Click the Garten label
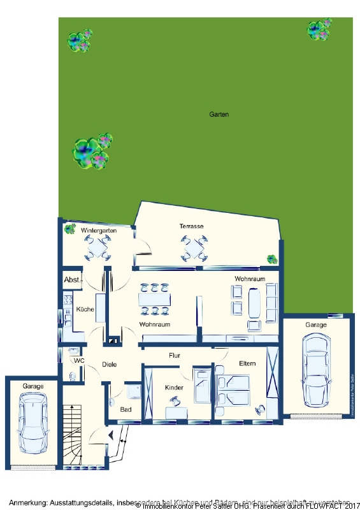[x=219, y=115]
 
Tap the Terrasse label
[x=191, y=226]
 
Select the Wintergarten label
[x=98, y=229]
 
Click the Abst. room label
[x=71, y=280]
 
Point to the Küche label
[x=85, y=309]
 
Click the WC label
[x=79, y=361]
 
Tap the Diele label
[x=110, y=365]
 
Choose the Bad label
[x=126, y=409]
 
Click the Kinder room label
[x=174, y=388]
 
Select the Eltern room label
[x=247, y=363]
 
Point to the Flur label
[x=176, y=355]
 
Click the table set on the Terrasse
[x=194, y=248]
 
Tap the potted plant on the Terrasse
[x=272, y=259]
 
